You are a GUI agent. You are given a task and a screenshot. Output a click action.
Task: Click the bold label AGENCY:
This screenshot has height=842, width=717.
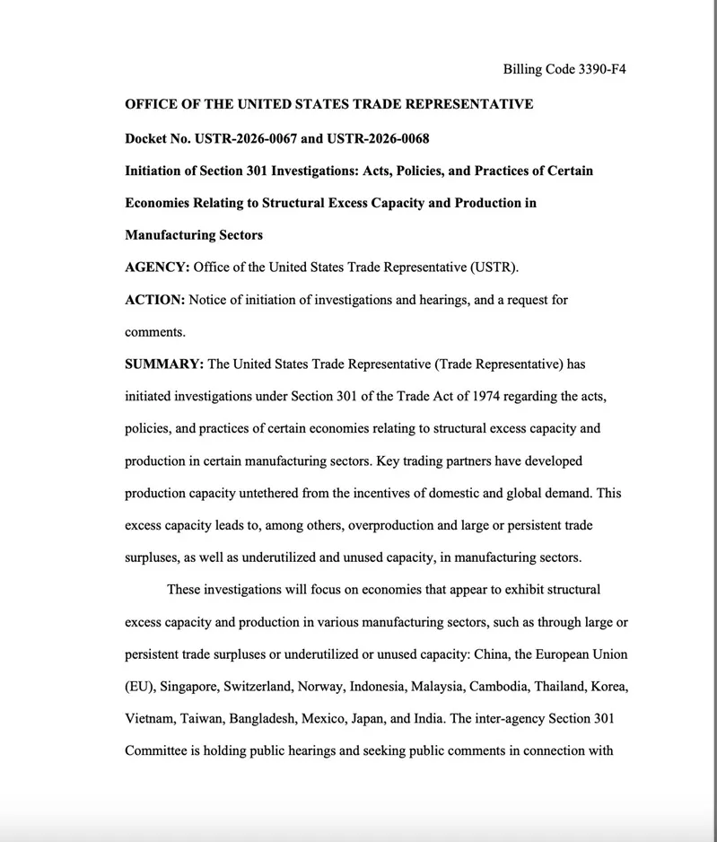click(157, 268)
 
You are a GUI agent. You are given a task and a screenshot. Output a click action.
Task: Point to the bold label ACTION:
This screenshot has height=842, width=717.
click(154, 300)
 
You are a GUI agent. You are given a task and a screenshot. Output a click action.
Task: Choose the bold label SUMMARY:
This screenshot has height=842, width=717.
click(164, 364)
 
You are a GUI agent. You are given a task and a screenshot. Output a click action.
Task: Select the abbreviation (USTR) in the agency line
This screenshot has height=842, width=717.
click(494, 268)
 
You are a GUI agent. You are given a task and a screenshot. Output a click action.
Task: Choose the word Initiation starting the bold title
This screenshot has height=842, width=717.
click(156, 171)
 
